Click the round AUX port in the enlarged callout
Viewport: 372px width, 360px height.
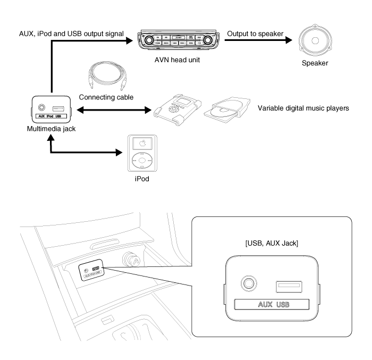point(247,283)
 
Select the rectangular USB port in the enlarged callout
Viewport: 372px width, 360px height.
point(287,286)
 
